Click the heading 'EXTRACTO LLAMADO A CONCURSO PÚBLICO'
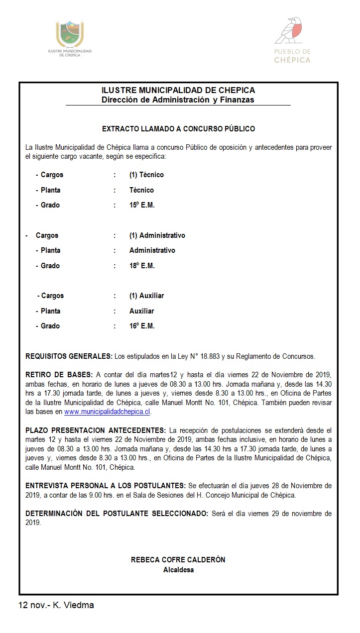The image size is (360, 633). (x=178, y=129)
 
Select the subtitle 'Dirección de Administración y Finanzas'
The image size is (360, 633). (x=178, y=100)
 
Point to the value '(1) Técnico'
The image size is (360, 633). (x=146, y=175)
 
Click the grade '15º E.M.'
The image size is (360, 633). (x=142, y=205)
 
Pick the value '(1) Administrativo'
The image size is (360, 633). (x=157, y=235)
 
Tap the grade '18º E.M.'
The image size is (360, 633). (x=142, y=266)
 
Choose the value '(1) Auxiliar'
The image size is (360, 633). (x=146, y=296)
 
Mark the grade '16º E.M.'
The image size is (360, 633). (x=142, y=326)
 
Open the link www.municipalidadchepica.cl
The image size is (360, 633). (x=107, y=412)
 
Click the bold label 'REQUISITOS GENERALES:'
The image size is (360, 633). (x=69, y=356)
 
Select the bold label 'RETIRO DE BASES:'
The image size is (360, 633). (x=59, y=374)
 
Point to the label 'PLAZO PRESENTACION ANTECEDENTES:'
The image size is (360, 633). (x=96, y=430)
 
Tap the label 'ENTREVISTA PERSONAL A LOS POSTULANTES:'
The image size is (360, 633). (x=105, y=485)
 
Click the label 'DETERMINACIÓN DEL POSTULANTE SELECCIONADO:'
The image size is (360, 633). (x=117, y=514)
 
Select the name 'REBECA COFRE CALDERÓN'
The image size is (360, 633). (x=178, y=560)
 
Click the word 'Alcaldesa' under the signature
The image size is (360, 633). (x=178, y=570)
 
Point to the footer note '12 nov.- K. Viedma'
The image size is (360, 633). (x=56, y=605)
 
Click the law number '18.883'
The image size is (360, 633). (x=210, y=356)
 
